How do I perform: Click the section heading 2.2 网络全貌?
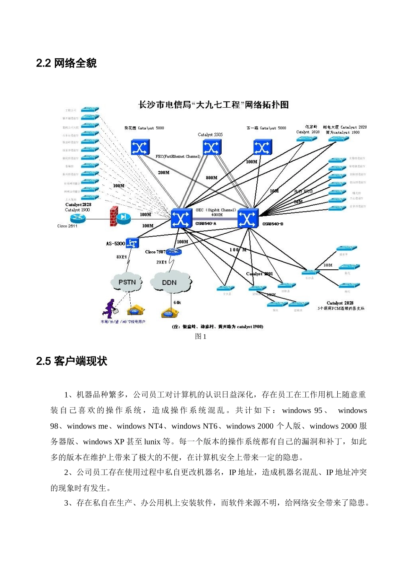click(x=66, y=63)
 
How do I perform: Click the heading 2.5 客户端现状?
click(x=72, y=362)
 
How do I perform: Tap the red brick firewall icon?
click(x=114, y=217)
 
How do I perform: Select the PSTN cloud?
click(x=127, y=282)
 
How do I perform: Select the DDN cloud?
click(x=170, y=283)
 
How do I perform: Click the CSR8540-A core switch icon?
click(x=181, y=218)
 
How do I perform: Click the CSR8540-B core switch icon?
click(x=248, y=218)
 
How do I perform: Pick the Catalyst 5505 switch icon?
click(x=212, y=147)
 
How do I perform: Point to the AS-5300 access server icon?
click(x=132, y=243)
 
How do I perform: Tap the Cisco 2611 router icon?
click(x=78, y=218)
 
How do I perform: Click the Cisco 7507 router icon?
click(x=173, y=252)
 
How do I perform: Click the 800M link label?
click(x=212, y=178)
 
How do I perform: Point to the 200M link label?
click(x=163, y=173)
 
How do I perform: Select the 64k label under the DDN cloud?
click(x=177, y=302)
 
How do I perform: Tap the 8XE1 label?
click(x=121, y=257)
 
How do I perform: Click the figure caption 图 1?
click(x=201, y=336)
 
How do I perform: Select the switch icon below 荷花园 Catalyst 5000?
click(x=140, y=147)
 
